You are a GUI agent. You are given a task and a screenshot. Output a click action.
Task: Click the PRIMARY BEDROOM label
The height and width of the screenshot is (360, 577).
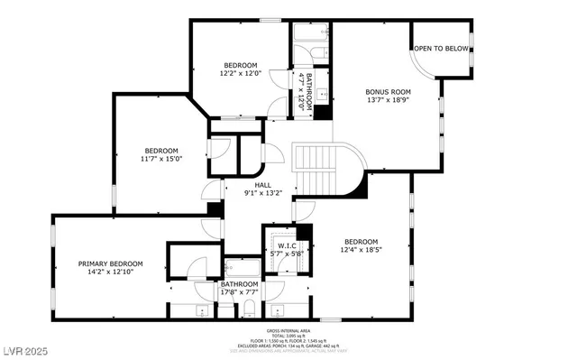pos(110,263)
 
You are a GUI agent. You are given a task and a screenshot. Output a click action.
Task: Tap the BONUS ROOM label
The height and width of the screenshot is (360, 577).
pos(388,91)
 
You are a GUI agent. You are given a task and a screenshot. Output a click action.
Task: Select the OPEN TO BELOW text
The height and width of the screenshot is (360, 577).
pos(441,49)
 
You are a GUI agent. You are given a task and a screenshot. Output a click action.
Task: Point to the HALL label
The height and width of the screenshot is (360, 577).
pos(262,185)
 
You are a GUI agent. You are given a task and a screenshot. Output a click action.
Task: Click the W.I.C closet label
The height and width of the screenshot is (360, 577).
pos(287,245)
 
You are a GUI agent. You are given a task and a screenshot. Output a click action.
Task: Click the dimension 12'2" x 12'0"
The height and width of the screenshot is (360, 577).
pos(241,74)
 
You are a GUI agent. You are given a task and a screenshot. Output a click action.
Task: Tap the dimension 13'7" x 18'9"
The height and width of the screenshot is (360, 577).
pos(388,100)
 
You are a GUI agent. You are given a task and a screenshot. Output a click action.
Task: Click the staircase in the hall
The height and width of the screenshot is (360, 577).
pos(321,171)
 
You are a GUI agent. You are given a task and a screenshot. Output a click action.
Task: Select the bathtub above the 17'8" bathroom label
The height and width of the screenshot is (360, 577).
pos(241,268)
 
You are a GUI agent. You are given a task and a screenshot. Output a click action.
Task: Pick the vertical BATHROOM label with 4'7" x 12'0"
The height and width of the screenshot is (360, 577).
pos(307,90)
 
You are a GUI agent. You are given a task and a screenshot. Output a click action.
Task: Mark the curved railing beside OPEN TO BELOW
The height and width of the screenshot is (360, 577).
pos(416,63)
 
